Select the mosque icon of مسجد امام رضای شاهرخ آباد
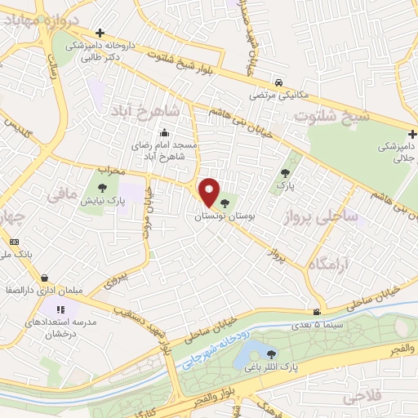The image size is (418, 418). coord(165,133)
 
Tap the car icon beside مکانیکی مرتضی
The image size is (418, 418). coord(279,83)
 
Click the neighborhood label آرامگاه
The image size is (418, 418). coord(328,264)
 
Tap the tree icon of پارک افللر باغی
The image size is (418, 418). coord(270,353)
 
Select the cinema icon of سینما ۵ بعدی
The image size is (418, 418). coord(317,312)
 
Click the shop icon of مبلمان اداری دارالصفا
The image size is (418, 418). coord(43,278)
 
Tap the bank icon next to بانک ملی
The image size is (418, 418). coord(14,242)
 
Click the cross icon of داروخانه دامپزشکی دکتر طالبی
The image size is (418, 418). coord(100,33)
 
